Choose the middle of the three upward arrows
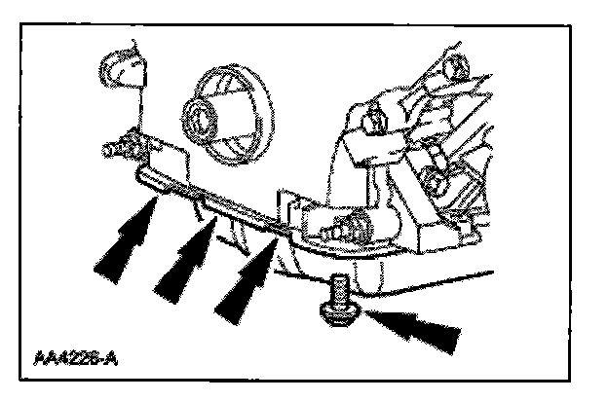185,255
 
